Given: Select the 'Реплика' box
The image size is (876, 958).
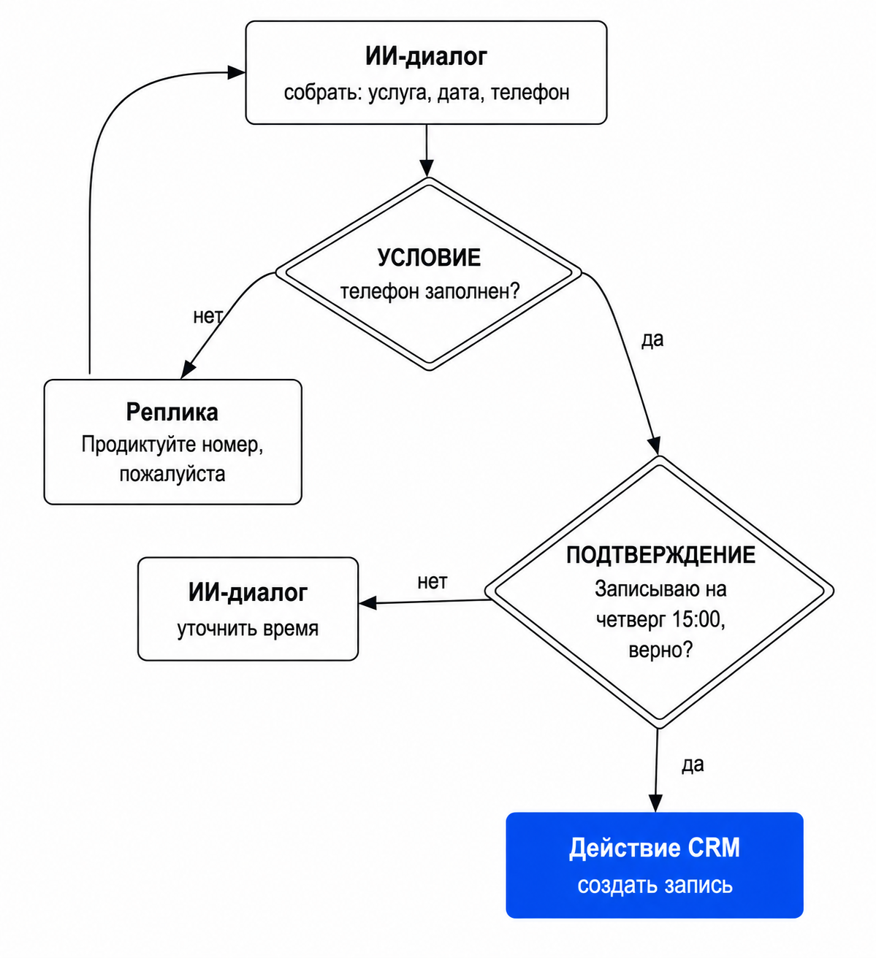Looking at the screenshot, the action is pyautogui.click(x=172, y=442).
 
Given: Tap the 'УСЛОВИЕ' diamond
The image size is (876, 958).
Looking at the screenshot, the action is pyautogui.click(x=429, y=274).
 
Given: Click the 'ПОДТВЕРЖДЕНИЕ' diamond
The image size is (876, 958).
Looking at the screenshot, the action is pyautogui.click(x=659, y=591).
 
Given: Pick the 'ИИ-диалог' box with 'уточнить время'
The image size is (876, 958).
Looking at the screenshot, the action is pyautogui.click(x=248, y=609).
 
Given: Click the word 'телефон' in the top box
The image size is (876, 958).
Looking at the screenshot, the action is pyautogui.click(x=530, y=93).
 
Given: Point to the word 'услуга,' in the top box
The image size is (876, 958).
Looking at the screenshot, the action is pyautogui.click(x=400, y=93).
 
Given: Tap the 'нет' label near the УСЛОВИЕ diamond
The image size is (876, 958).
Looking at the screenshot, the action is pyautogui.click(x=207, y=316).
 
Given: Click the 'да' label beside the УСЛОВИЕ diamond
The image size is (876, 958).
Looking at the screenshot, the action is pyautogui.click(x=652, y=339).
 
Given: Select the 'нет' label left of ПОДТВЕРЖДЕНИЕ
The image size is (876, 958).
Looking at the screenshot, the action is pyautogui.click(x=433, y=582).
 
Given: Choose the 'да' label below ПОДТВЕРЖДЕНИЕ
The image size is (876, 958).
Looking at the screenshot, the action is pyautogui.click(x=693, y=765).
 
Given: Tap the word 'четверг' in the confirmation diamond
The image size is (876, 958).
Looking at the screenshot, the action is pyautogui.click(x=631, y=621).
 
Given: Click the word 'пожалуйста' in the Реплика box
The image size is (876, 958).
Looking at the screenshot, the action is pyautogui.click(x=172, y=474).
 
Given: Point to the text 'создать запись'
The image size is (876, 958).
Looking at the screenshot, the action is pyautogui.click(x=655, y=885).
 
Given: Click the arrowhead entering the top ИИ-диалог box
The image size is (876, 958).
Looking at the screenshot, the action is pyautogui.click(x=237, y=72).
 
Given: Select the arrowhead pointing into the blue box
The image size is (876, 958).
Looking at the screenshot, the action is pyautogui.click(x=655, y=803).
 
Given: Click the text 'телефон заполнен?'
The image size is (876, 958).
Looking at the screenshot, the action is pyautogui.click(x=430, y=291).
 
